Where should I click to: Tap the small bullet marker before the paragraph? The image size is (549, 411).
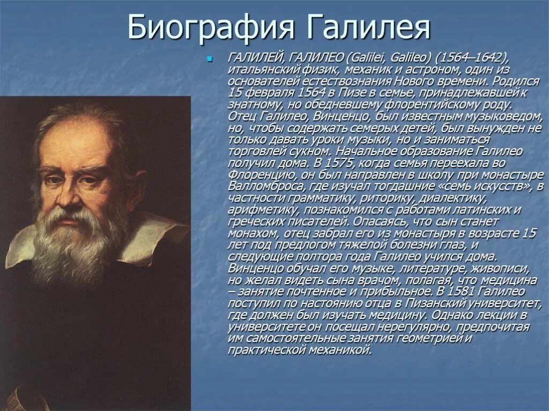point(210,58)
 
